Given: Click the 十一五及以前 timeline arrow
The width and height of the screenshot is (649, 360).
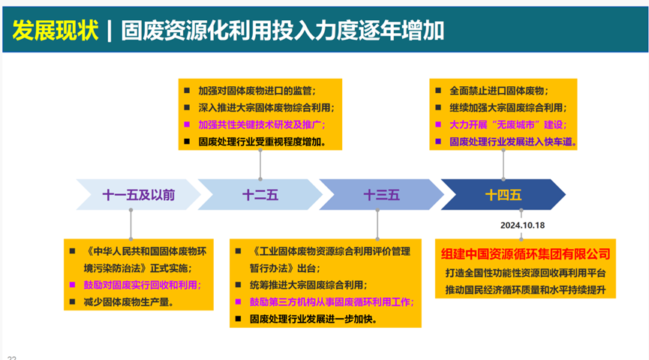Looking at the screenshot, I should pyautogui.click(x=138, y=195).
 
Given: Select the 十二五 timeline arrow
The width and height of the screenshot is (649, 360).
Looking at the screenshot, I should pyautogui.click(x=260, y=195).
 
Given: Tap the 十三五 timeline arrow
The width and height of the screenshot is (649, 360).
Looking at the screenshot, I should pyautogui.click(x=381, y=195).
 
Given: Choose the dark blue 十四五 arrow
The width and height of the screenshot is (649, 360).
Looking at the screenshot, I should pyautogui.click(x=503, y=195).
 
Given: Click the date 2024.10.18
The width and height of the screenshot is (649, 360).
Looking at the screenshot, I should pyautogui.click(x=523, y=224).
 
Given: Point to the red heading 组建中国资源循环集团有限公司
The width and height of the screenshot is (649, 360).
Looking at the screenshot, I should pyautogui.click(x=526, y=254).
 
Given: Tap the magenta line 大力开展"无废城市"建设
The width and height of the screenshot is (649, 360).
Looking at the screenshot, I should pyautogui.click(x=508, y=124).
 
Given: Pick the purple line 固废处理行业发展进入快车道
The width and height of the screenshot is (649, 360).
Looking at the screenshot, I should pyautogui.click(x=513, y=141).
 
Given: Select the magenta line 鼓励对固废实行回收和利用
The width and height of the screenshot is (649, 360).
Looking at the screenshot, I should pyautogui.click(x=143, y=285).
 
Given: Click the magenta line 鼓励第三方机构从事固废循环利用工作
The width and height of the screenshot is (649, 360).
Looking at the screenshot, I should pyautogui.click(x=331, y=301).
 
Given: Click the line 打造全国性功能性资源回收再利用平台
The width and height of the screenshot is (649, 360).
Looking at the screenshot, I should pyautogui.click(x=525, y=272).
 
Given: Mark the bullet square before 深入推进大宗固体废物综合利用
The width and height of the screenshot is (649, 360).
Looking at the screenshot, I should pyautogui.click(x=188, y=107).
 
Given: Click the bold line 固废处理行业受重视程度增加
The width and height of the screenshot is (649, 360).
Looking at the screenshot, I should pyautogui.click(x=262, y=141).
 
